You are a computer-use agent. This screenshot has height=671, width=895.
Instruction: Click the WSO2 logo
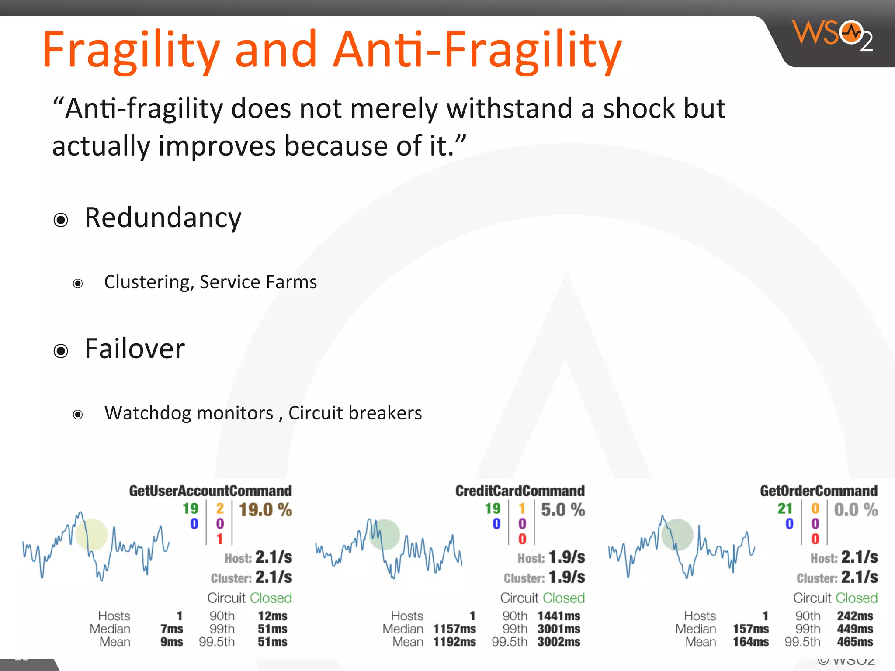[833, 35]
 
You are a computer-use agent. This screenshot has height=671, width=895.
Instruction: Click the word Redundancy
[163, 218]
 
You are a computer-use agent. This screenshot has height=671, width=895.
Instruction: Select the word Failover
[135, 349]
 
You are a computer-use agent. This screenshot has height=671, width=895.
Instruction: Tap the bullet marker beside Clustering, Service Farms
[78, 284]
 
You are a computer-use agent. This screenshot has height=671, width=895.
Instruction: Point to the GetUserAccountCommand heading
[210, 491]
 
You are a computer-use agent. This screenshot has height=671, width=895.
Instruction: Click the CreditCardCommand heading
[520, 491]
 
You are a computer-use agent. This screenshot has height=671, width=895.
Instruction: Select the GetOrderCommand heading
[819, 491]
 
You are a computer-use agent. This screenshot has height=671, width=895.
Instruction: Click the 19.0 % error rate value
[265, 510]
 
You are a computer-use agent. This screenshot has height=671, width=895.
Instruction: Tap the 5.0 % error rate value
[562, 510]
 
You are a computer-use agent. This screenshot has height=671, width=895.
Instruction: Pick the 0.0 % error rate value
[855, 510]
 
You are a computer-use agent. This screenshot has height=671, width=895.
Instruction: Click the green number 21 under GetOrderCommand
[785, 508]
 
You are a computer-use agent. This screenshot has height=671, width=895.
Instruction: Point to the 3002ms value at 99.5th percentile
[559, 642]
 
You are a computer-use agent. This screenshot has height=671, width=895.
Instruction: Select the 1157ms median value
[454, 629]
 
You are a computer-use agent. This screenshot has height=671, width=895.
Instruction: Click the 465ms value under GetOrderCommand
[855, 642]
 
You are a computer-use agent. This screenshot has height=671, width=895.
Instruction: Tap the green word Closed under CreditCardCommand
[564, 598]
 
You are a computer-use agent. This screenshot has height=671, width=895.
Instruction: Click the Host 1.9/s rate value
[566, 557]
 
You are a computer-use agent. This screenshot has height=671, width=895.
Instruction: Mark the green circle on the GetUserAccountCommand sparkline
[91, 534]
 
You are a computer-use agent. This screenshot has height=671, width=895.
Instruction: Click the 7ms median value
[171, 629]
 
